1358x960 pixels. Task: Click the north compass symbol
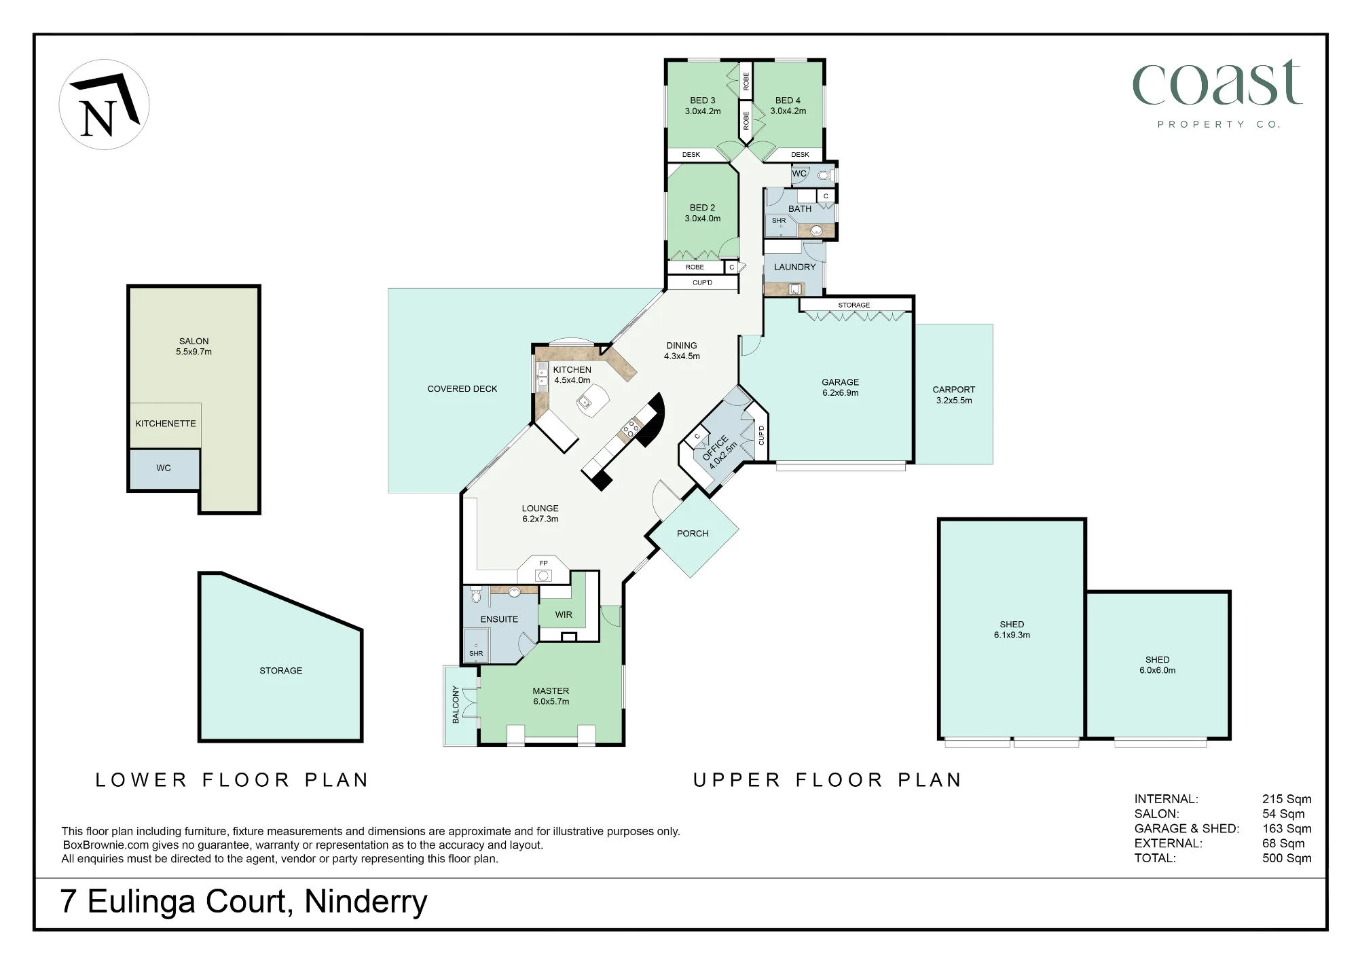pos(104,105)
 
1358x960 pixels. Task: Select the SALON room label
pos(194,346)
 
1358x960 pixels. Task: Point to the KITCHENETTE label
pos(166,424)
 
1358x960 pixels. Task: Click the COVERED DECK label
pos(462,389)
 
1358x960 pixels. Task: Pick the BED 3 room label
pos(703,106)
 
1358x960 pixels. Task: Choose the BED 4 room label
pos(788,106)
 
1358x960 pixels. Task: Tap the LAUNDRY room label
pos(795,267)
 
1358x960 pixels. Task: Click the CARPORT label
pos(954,395)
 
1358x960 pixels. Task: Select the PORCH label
pos(693,534)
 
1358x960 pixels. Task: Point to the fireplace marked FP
pos(543,571)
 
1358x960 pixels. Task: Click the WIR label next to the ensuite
pos(564,615)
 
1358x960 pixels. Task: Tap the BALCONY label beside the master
pos(456,705)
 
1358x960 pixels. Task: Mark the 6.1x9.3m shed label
pos(1012,630)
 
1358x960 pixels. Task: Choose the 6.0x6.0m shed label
pos(1158,665)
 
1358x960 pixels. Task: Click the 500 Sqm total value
pos(1287,858)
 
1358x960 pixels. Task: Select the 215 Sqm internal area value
pos(1287,799)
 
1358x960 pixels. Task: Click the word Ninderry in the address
pos(366,902)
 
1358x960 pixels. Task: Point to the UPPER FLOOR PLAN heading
pos(828,780)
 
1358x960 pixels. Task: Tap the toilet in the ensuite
pos(476,595)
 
